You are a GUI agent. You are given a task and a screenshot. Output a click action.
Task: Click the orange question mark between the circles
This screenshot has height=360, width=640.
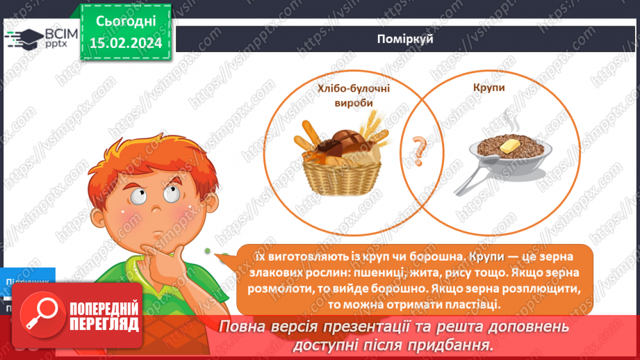click(x=418, y=147)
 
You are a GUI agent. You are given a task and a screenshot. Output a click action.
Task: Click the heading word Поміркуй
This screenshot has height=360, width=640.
click(x=407, y=39)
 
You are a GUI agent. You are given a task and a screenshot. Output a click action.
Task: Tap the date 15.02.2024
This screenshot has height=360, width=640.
click(x=126, y=43)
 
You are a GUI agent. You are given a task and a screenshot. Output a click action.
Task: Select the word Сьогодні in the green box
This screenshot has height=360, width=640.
click(x=126, y=21)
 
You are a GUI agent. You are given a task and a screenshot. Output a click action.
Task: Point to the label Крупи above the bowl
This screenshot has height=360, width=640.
click(x=490, y=88)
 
